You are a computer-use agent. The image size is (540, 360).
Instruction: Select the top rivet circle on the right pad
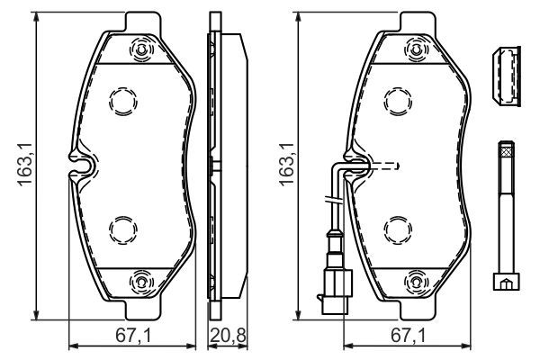pos(416,51)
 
